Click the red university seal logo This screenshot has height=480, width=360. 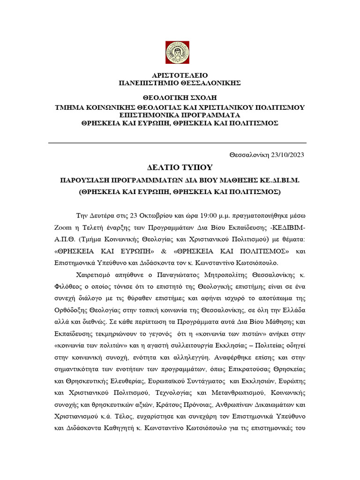coord(177,52)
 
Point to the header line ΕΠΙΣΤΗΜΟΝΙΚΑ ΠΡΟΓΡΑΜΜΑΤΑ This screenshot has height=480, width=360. coord(180,115)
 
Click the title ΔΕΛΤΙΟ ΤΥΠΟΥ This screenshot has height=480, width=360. coord(180,168)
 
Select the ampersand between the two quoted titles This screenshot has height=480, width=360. coord(179,251)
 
